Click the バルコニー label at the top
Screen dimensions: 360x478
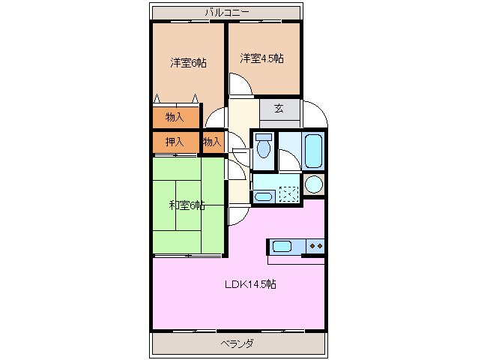click(228, 12)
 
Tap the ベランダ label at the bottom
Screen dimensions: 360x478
click(237, 344)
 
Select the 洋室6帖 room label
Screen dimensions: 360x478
click(188, 63)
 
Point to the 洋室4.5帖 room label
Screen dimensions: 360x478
click(261, 58)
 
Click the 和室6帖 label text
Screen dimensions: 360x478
click(186, 205)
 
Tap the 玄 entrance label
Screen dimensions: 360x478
click(278, 109)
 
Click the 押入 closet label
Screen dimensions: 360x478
click(175, 142)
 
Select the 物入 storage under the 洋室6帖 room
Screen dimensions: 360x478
click(175, 117)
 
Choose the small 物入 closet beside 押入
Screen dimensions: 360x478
click(212, 142)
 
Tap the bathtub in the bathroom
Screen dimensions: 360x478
click(314, 150)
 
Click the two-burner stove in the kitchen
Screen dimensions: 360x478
click(316, 246)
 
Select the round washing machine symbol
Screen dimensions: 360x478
click(315, 185)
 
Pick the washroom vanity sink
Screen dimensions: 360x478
click(263, 197)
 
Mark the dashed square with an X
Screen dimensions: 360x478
click(288, 193)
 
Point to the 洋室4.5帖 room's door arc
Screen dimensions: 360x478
click(240, 85)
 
